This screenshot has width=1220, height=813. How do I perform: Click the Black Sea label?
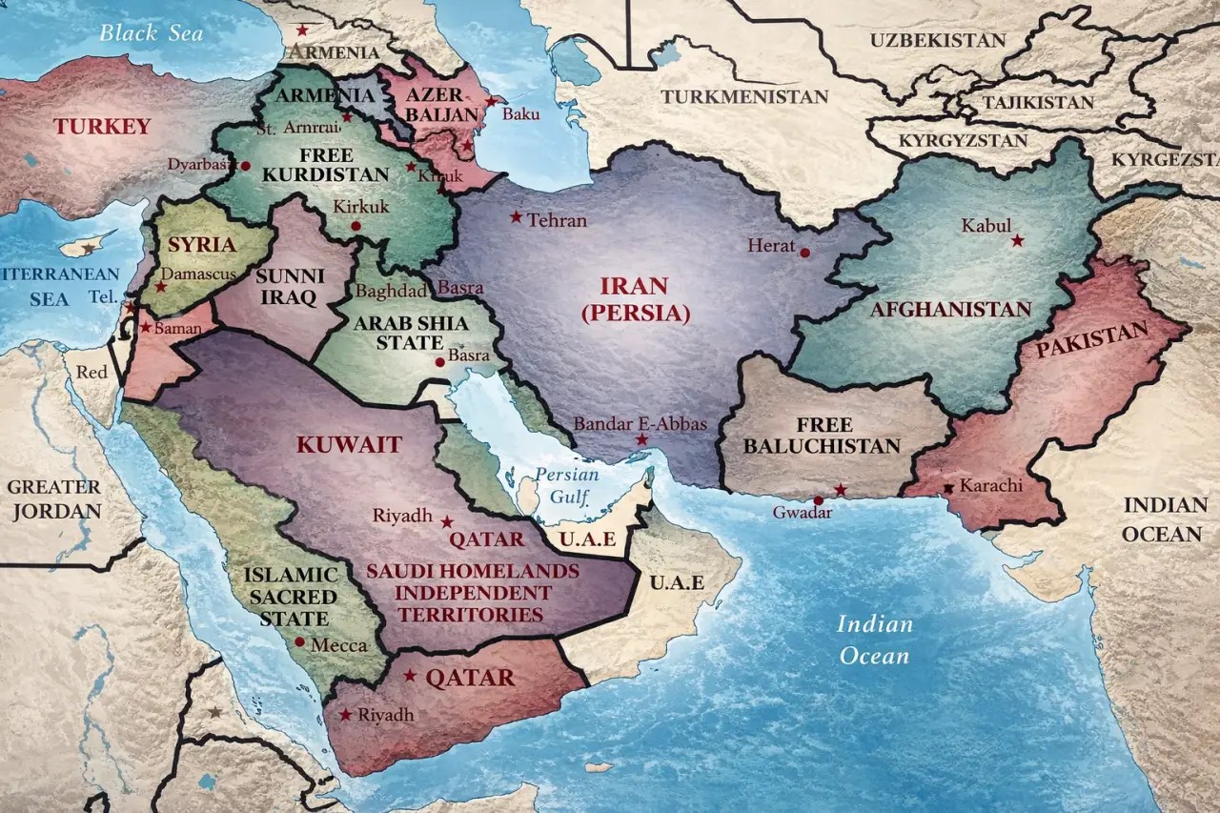(x=152, y=32)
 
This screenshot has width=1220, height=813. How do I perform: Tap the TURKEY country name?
(x=102, y=126)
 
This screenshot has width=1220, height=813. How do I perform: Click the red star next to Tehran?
(x=516, y=217)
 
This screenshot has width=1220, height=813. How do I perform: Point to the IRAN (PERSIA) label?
(x=634, y=299)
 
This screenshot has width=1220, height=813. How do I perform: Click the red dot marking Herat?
(x=805, y=253)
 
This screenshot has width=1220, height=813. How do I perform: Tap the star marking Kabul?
(x=1017, y=240)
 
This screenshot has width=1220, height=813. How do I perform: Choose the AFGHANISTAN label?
(x=950, y=310)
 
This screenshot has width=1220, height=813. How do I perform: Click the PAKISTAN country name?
(x=1092, y=340)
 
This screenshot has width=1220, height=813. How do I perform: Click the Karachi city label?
(x=990, y=486)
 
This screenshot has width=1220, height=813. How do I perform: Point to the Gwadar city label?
(x=802, y=513)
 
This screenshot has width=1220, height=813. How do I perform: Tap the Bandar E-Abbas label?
(x=640, y=423)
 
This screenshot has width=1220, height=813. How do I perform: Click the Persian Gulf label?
(x=566, y=484)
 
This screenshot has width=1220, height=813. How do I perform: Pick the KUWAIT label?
(x=349, y=444)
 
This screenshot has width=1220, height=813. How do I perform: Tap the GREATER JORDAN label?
(x=53, y=498)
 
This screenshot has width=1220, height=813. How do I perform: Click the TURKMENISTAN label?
(x=745, y=97)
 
